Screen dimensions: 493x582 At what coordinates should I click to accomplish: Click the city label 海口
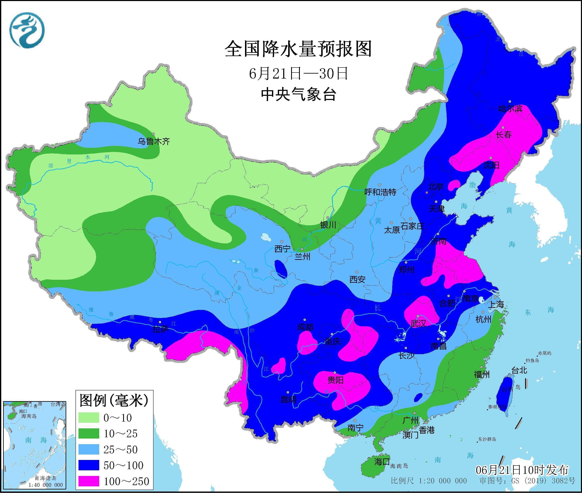(382, 462)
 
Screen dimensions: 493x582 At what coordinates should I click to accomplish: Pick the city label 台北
(519, 371)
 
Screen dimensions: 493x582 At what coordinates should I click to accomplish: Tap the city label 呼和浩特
(380, 192)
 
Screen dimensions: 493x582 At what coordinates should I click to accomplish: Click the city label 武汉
(418, 323)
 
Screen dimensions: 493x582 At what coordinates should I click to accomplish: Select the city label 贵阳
(335, 380)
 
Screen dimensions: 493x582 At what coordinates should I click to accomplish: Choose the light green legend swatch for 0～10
(89, 418)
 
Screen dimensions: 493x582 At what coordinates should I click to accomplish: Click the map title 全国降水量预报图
(298, 49)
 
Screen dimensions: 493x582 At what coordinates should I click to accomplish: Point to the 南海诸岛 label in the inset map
(45, 478)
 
